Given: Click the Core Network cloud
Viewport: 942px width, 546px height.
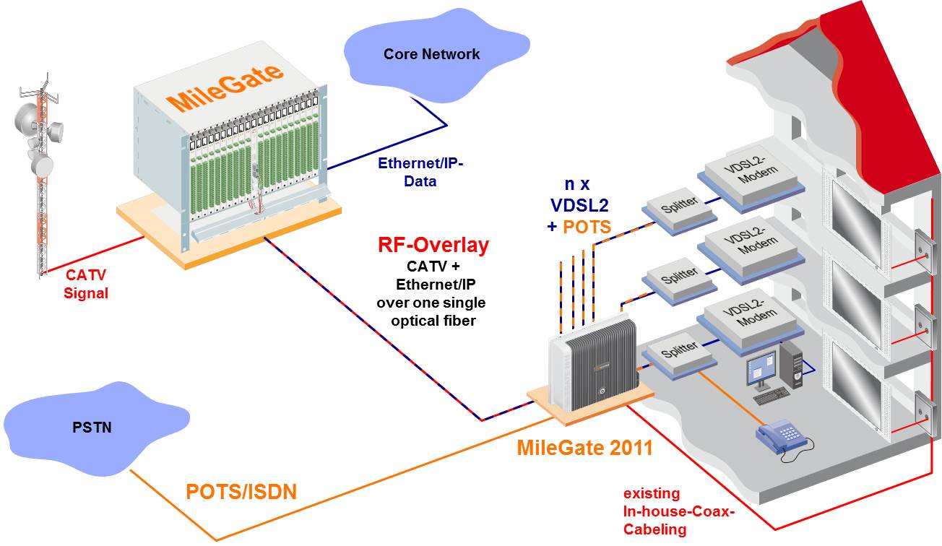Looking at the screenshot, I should (431, 54).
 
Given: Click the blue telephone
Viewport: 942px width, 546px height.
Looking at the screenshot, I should (783, 438).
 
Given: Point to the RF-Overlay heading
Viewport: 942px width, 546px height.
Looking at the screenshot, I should (433, 246).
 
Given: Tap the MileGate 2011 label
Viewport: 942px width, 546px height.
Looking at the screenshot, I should (584, 448).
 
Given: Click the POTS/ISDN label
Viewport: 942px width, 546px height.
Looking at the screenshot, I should (241, 493).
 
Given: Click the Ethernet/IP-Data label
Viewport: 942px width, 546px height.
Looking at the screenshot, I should (420, 173).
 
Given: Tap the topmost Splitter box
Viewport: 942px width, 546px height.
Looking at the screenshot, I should (679, 204).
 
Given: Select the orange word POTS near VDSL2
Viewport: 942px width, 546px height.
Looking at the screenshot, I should (587, 227).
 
